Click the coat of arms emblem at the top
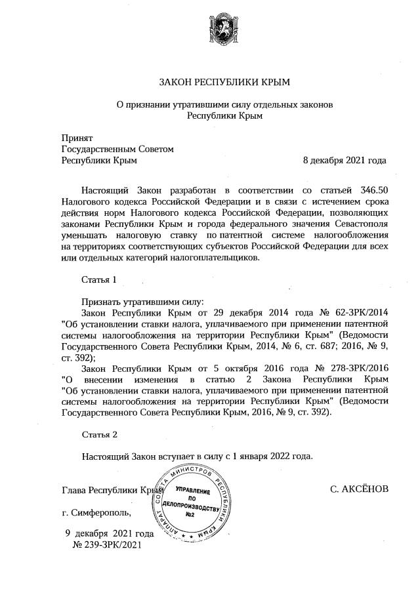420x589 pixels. click(224, 29)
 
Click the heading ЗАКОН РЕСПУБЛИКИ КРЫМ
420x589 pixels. click(224, 83)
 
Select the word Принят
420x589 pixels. click(77, 138)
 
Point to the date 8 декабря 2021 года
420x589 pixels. click(344, 160)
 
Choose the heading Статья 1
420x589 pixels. click(99, 279)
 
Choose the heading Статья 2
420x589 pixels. click(99, 434)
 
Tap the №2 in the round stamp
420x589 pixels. click(193, 514)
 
